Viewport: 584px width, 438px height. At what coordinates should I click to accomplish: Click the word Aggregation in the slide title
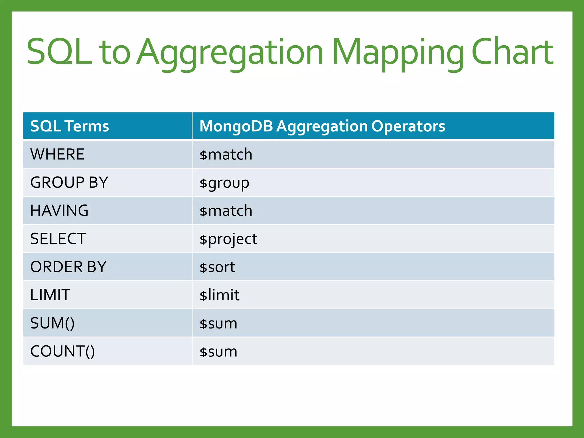point(230,53)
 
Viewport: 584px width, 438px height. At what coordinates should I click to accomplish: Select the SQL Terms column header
point(70,126)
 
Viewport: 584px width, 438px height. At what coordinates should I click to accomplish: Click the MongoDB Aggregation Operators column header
point(322,126)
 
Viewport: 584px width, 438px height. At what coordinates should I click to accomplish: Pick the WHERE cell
point(57,154)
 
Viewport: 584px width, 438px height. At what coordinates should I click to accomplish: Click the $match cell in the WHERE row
point(226,155)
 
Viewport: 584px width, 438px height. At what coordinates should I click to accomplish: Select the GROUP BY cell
point(69,182)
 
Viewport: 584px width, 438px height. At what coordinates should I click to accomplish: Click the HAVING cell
point(59,210)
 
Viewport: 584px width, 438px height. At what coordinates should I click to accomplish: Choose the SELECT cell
point(58,239)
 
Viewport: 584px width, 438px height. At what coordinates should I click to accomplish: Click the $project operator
point(228,239)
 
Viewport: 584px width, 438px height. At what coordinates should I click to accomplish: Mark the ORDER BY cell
point(68,267)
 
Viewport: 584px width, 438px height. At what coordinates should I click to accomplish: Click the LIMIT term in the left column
point(50,295)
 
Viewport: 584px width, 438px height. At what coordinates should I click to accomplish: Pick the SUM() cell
point(52,323)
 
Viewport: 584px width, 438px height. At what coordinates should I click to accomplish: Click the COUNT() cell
point(62,351)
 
